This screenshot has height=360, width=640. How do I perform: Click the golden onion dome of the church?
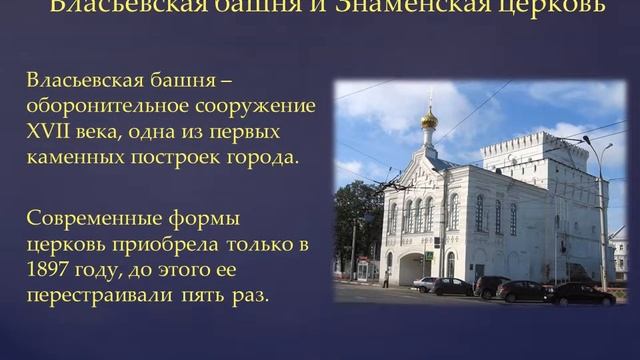[428, 120]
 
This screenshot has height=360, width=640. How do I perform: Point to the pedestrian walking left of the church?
[386, 279]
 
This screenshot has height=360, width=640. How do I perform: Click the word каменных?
[75, 157]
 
